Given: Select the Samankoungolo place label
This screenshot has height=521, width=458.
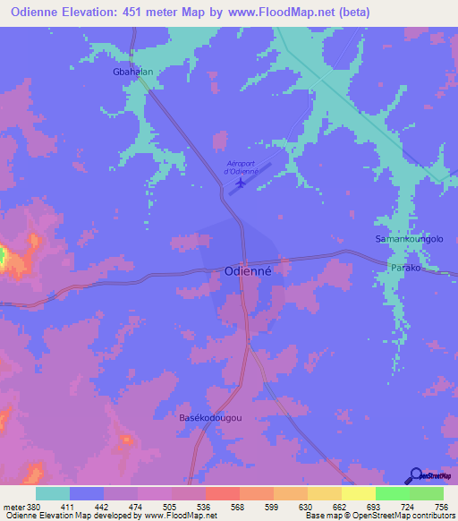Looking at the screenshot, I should pyautogui.click(x=409, y=240).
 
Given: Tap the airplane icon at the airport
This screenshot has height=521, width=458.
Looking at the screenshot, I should pyautogui.click(x=239, y=184).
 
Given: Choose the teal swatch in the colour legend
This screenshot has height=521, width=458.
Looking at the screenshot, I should pyautogui.click(x=53, y=493).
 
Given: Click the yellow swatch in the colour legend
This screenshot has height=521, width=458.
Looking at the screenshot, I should pyautogui.click(x=358, y=493).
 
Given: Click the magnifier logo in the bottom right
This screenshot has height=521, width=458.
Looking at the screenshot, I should pyautogui.click(x=416, y=475).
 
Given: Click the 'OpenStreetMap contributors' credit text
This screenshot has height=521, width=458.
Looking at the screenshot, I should pyautogui.click(x=399, y=516).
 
